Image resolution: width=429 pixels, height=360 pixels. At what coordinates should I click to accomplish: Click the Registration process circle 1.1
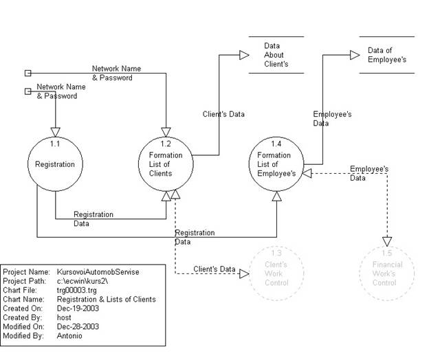55,165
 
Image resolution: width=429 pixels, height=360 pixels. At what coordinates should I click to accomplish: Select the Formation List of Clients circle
166,165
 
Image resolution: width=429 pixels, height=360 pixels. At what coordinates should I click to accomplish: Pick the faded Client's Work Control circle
276,273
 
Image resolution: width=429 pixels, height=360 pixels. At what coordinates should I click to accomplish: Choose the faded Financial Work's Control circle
386,273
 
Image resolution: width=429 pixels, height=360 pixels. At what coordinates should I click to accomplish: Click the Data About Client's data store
276,55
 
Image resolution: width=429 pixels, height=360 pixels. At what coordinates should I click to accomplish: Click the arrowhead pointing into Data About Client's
244,55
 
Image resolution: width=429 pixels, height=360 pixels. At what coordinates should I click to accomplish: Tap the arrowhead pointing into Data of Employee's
355,55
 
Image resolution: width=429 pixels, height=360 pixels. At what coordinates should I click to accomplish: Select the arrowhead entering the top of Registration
55,133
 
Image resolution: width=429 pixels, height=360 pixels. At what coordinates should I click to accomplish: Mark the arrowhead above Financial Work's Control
386,241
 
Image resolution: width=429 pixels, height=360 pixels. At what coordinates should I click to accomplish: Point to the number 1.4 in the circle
276,144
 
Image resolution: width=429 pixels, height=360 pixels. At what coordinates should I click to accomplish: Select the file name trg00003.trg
77,291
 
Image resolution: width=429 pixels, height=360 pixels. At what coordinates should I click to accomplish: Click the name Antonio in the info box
70,335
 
